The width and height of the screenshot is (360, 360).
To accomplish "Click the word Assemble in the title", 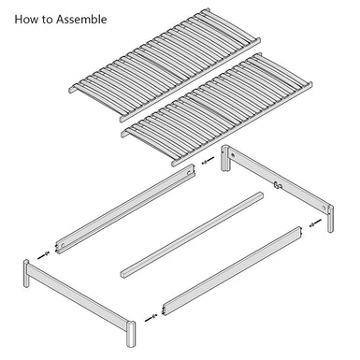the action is coord(81,20).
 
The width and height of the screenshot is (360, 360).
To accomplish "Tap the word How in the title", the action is coord(25,20).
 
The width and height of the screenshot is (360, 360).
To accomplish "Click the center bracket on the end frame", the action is coord(277,185).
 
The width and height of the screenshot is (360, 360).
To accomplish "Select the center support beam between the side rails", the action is coord(192,235).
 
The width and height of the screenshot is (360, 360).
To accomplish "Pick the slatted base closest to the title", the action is coord(165,65).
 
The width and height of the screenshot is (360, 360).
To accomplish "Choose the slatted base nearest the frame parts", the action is coord(217,109).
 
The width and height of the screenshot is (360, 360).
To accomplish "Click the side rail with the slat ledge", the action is coord(125,209).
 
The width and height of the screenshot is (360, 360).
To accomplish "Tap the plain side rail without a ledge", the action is coord(233,270).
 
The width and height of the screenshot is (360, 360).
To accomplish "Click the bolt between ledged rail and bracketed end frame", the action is coord(209,162).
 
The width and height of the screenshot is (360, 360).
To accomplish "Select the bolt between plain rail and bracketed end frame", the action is coord(315,223).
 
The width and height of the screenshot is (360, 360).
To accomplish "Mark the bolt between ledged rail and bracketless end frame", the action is coord(43,255).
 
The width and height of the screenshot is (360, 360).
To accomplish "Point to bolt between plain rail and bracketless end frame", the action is coord(151,318).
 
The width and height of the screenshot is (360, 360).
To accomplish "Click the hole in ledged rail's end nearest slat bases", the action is coord(190,171).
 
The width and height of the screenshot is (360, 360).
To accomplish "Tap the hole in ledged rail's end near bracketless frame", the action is coord(63,245).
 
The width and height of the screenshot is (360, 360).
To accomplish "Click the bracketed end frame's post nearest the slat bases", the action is coord(225,158).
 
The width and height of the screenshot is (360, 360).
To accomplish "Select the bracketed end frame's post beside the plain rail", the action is coord(330,219).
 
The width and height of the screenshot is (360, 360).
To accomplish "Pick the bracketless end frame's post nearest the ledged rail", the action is coord(26,273).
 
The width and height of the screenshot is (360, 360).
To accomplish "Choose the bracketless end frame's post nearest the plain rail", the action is coord(131,334).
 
